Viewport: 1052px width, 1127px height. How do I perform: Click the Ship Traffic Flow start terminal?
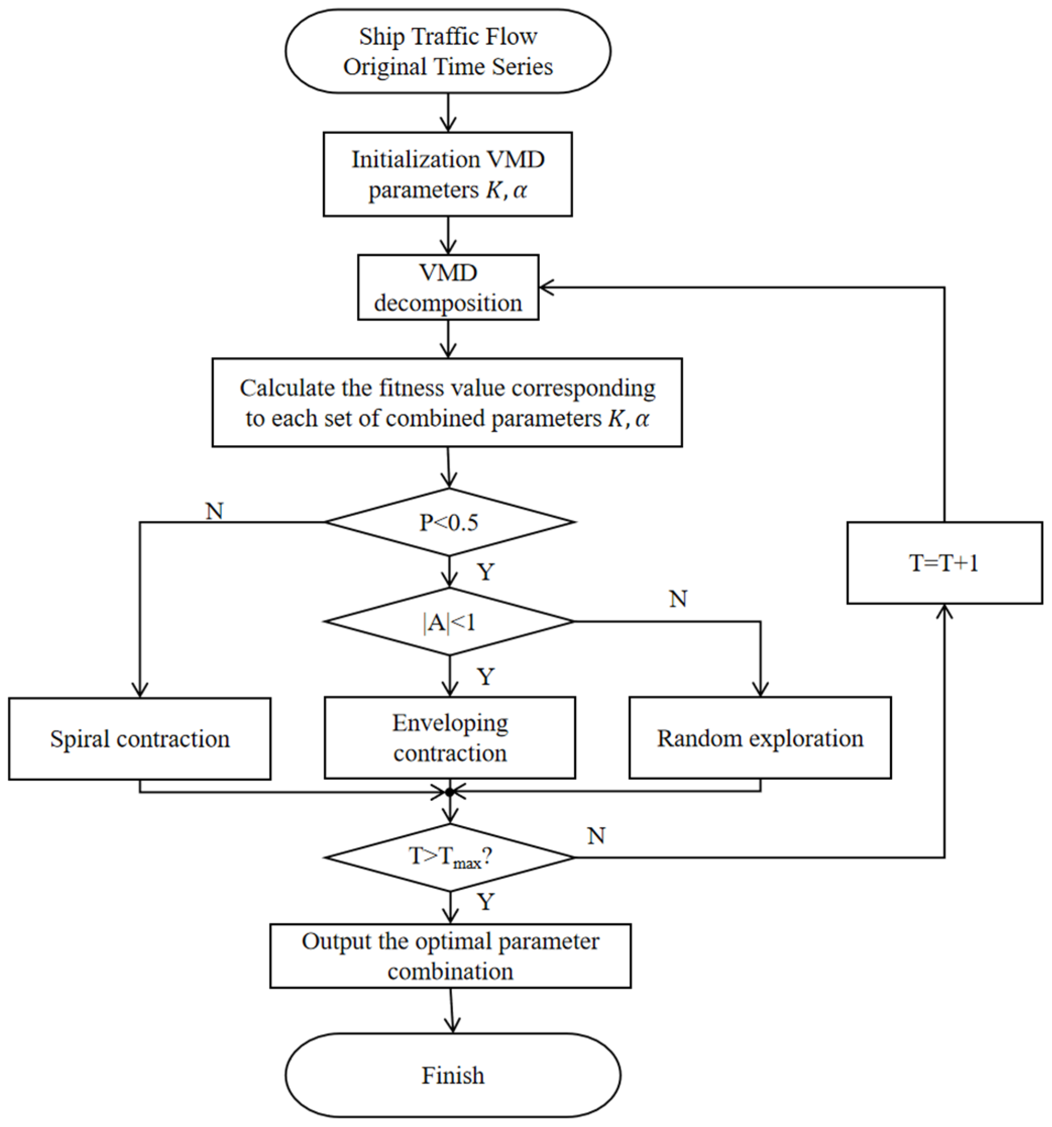(448, 51)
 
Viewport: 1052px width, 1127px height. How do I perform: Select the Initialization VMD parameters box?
(448, 174)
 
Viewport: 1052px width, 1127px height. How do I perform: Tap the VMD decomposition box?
(448, 287)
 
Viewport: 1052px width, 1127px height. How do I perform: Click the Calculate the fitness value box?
(447, 403)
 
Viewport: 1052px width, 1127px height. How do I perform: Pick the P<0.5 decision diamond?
(449, 522)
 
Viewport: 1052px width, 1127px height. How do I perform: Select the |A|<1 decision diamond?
(449, 622)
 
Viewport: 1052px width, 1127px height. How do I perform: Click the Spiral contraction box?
(139, 739)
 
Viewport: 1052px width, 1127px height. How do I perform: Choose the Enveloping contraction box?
(450, 737)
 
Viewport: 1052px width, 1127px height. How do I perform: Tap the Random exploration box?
(759, 737)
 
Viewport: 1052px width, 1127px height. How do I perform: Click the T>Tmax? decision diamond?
(450, 857)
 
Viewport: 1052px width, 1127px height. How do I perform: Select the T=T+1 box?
(945, 563)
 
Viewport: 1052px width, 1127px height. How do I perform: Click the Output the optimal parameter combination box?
(450, 956)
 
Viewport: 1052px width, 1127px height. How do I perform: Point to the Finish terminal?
(452, 1075)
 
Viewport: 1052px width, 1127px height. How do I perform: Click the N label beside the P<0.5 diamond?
(215, 511)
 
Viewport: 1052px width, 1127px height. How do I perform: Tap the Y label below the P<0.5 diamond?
(486, 572)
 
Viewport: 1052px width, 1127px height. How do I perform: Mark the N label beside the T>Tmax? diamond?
(596, 836)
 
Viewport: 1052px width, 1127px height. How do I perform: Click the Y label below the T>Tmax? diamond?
(486, 901)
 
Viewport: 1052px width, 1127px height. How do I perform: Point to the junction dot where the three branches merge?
(450, 792)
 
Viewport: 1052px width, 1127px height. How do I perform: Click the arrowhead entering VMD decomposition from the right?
(546, 287)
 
